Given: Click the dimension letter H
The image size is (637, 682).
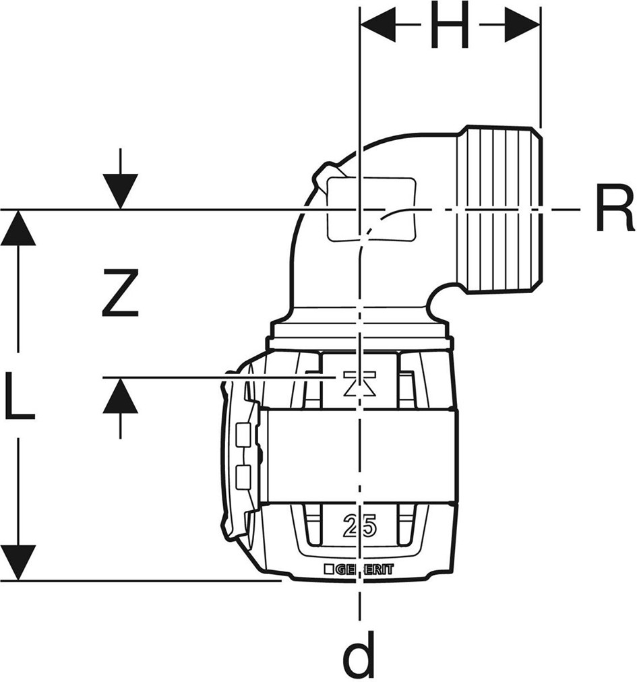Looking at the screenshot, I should click(450, 28).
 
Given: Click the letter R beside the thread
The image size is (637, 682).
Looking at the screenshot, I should click(613, 210).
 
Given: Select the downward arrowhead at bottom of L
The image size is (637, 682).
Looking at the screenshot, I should click(18, 562).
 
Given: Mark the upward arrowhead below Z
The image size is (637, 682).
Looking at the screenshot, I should click(121, 396).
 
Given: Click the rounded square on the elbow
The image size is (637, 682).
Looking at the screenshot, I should click(370, 209).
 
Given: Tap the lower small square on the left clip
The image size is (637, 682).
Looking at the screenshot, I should click(244, 476).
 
